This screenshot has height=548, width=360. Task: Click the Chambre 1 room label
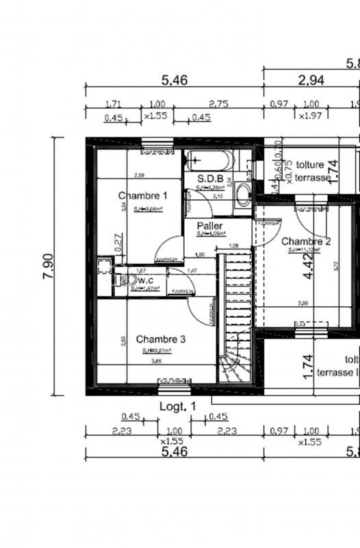click(x=142, y=195)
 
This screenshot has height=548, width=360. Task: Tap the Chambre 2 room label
click(x=306, y=241)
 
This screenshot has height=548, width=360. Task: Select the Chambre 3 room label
click(x=160, y=339)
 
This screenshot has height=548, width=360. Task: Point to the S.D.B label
click(x=209, y=179)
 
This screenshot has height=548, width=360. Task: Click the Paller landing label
click(x=209, y=225)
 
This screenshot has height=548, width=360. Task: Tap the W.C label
click(x=144, y=280)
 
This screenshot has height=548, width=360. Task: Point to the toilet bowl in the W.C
click(x=126, y=279)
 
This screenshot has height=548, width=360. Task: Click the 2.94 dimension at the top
click(x=311, y=80)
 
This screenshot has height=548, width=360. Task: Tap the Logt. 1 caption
click(x=177, y=406)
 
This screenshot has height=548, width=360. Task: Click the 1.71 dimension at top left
click(x=114, y=104)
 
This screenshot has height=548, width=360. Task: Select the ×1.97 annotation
click(x=310, y=117)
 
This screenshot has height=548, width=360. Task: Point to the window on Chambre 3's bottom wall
click(x=175, y=388)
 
